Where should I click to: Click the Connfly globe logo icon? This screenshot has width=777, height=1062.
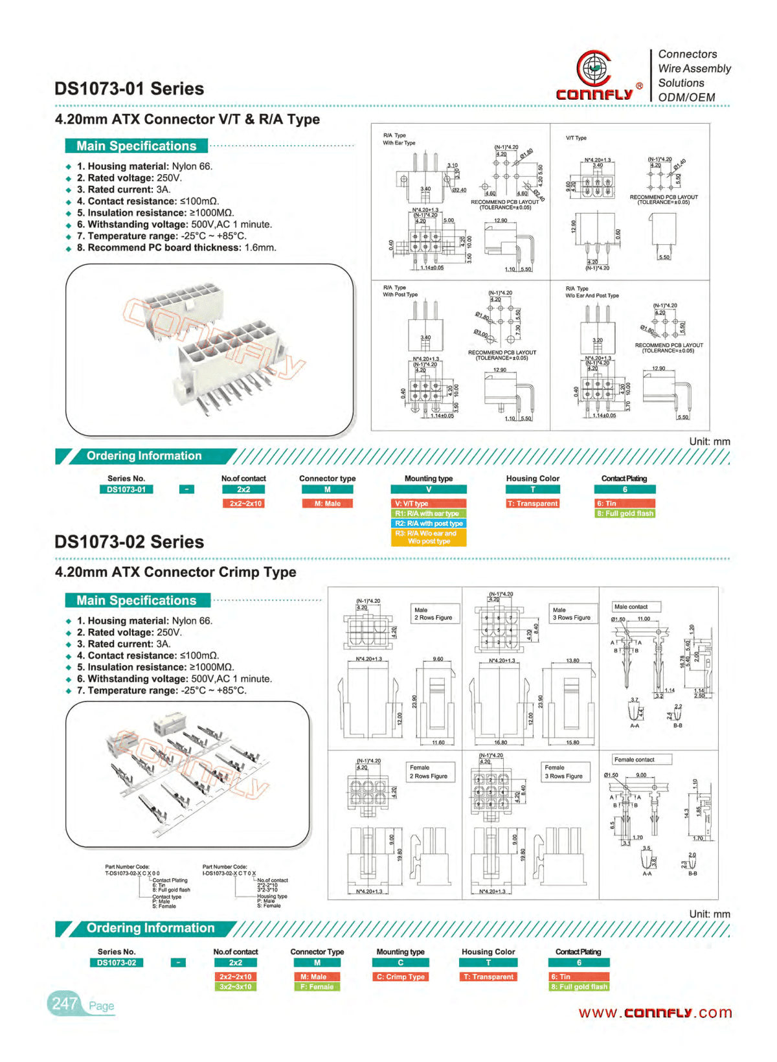tap(594, 67)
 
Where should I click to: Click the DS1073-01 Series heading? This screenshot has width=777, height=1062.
tap(129, 89)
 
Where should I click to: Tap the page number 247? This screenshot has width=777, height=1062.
tap(65, 1004)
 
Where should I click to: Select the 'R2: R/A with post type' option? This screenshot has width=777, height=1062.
tap(429, 523)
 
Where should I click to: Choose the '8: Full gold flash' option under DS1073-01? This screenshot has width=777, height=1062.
tap(625, 514)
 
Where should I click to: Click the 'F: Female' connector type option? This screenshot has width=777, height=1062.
tap(317, 987)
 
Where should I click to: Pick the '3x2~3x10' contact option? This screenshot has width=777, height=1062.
tap(235, 987)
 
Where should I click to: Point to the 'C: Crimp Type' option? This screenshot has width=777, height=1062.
tap(400, 977)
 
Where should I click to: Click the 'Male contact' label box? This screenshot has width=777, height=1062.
tap(636, 607)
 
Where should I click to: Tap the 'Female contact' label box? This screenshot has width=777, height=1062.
tap(641, 760)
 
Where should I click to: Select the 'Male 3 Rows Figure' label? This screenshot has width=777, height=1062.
tap(571, 614)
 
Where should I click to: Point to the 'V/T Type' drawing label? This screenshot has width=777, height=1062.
tap(576, 138)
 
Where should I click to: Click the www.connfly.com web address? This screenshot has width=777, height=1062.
tap(655, 1013)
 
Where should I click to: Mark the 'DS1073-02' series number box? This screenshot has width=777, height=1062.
tap(117, 962)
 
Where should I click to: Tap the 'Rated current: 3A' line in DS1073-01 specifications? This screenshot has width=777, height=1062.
tap(123, 190)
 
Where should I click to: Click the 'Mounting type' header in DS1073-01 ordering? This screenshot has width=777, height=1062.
tap(429, 479)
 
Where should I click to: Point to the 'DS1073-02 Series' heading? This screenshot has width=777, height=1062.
tap(129, 542)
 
